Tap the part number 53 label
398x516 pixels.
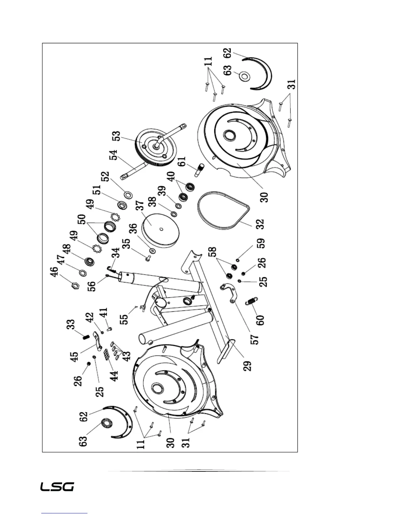(x=116, y=136)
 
